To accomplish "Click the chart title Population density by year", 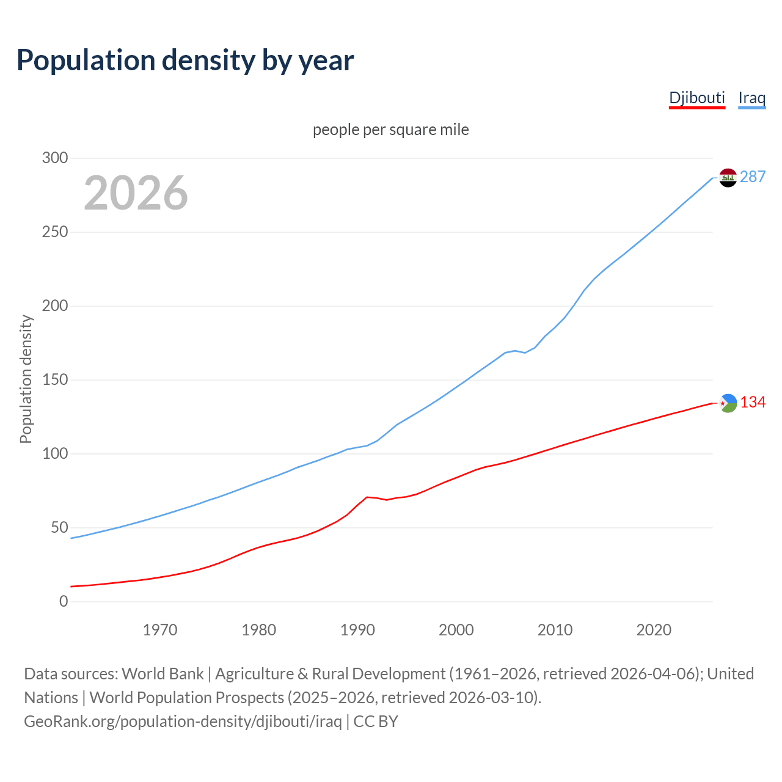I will [x=185, y=60].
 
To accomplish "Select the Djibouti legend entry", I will [x=696, y=98].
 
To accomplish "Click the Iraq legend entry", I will [x=751, y=98].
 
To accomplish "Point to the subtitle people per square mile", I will [x=390, y=130].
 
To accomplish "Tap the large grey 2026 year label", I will [x=136, y=193].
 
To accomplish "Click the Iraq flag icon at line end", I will [x=728, y=178].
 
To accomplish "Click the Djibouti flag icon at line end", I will [x=728, y=403].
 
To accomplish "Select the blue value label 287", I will [x=753, y=177].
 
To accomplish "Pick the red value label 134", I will [x=753, y=403].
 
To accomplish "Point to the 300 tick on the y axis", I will [x=55, y=158].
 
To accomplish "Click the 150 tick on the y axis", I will [x=55, y=380].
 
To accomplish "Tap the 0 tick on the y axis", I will [x=64, y=602].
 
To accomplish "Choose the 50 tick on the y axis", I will [x=59, y=528].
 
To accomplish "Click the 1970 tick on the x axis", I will [x=160, y=630].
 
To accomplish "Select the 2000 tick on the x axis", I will [x=456, y=630].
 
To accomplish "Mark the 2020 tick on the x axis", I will [x=654, y=630].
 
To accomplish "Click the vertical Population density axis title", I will [x=26, y=379].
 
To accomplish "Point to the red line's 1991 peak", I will [x=367, y=497].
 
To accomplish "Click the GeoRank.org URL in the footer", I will [x=183, y=722].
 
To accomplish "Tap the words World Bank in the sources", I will [x=163, y=674].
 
